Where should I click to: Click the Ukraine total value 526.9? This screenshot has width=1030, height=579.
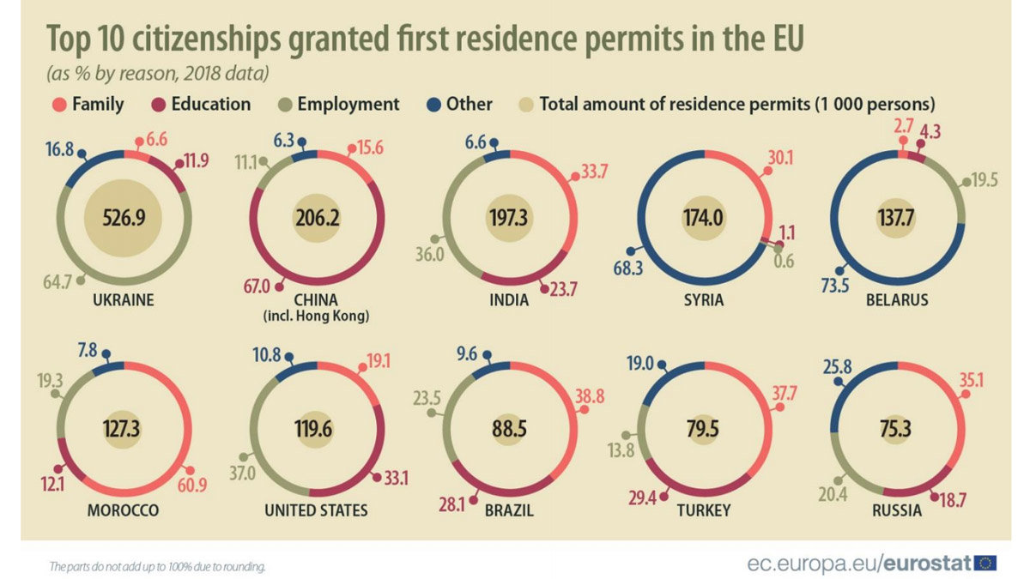coord(122,217)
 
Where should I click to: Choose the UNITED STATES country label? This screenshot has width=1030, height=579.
coord(316,510)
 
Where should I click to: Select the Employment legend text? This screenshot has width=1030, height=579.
coord(348,105)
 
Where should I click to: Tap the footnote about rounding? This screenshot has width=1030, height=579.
coord(158,566)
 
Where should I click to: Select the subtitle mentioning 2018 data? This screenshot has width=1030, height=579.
coord(159,73)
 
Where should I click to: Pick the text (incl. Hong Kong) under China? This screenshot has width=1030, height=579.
coord(316,316)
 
